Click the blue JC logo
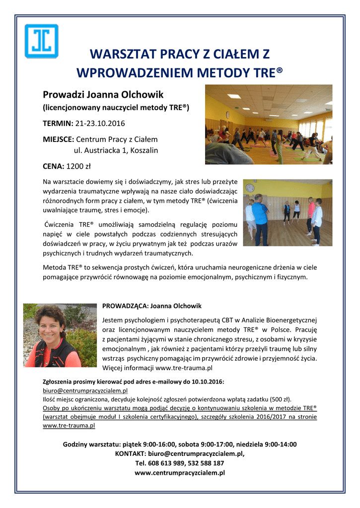[x=42, y=41]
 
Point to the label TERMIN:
[x=58, y=123]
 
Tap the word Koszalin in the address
[x=142, y=150]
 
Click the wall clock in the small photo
[x=250, y=188]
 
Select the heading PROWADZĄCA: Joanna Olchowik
[x=152, y=306]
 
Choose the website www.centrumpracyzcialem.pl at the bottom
[x=180, y=473]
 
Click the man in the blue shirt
[x=260, y=218]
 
